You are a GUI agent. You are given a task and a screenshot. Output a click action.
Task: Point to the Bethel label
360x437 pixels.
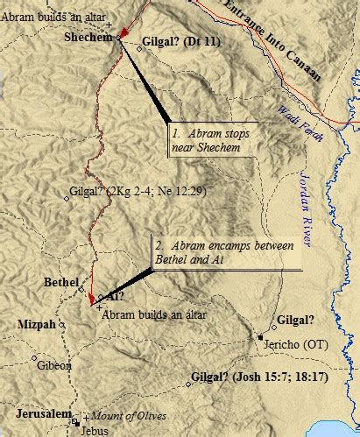[61, 282]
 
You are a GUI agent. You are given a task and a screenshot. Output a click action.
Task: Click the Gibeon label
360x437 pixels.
[54, 365]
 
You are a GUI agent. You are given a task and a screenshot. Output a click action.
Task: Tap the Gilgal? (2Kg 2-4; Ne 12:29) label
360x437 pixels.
[134, 191]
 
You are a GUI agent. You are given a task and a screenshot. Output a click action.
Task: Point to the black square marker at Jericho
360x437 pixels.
[261, 337]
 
